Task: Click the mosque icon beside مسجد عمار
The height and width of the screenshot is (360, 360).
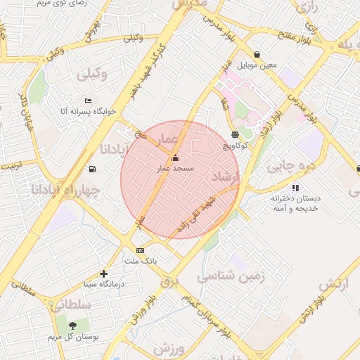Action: click(175, 157)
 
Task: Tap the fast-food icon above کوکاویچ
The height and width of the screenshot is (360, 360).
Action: click(235, 134)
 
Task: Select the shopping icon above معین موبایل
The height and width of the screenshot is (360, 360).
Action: click(257, 54)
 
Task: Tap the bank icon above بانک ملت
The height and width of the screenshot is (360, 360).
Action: click(140, 251)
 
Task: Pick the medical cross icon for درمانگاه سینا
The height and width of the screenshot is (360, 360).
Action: click(104, 274)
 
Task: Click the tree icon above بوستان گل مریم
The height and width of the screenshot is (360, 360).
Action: click(72, 326)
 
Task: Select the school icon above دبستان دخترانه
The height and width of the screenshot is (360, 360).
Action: click(295, 188)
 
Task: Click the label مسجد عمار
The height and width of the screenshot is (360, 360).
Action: click(174, 169)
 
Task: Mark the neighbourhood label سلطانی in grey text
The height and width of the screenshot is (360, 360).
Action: click(70, 304)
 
